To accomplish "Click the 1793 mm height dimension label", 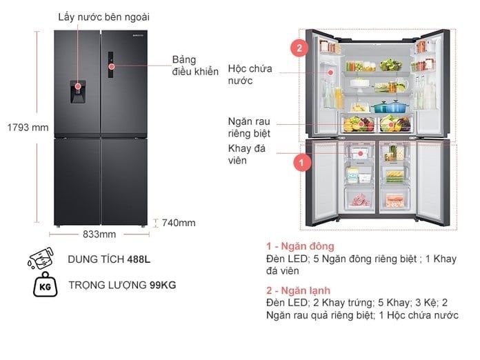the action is pyautogui.click(x=20, y=128).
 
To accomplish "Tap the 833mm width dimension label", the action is pyautogui.click(x=99, y=234).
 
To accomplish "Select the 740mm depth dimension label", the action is pyautogui.click(x=179, y=223).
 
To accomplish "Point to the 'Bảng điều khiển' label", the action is pyautogui.click(x=195, y=65).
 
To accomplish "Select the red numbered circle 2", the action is pyautogui.click(x=299, y=49).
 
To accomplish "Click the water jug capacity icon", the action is pyautogui.click(x=40, y=259).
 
